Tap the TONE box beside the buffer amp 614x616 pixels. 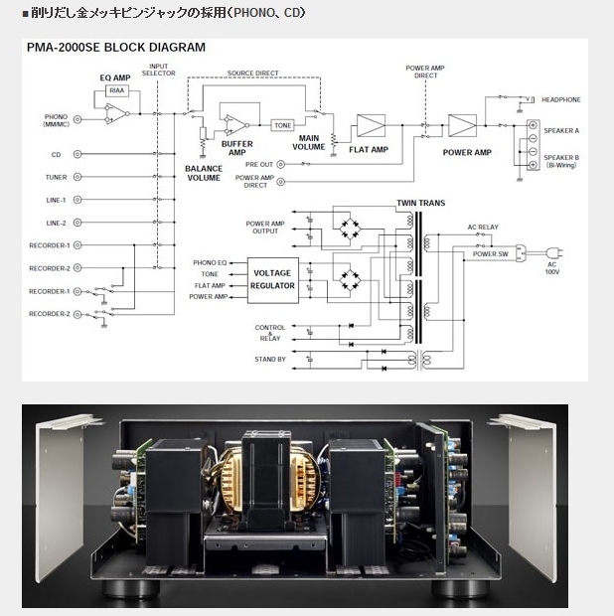click(x=282, y=125)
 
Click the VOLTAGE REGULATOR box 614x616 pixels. click(x=273, y=278)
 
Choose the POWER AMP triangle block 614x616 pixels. click(x=462, y=126)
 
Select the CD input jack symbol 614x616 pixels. click(x=77, y=155)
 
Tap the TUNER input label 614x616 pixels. click(x=56, y=177)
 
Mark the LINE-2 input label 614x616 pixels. click(x=56, y=223)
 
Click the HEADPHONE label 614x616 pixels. click(x=561, y=99)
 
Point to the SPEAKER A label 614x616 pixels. click(x=561, y=130)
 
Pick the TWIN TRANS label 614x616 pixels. click(x=420, y=203)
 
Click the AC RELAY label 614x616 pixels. click(x=483, y=228)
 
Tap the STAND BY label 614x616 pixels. click(x=269, y=360)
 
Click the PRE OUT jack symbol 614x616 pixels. click(x=281, y=164)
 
